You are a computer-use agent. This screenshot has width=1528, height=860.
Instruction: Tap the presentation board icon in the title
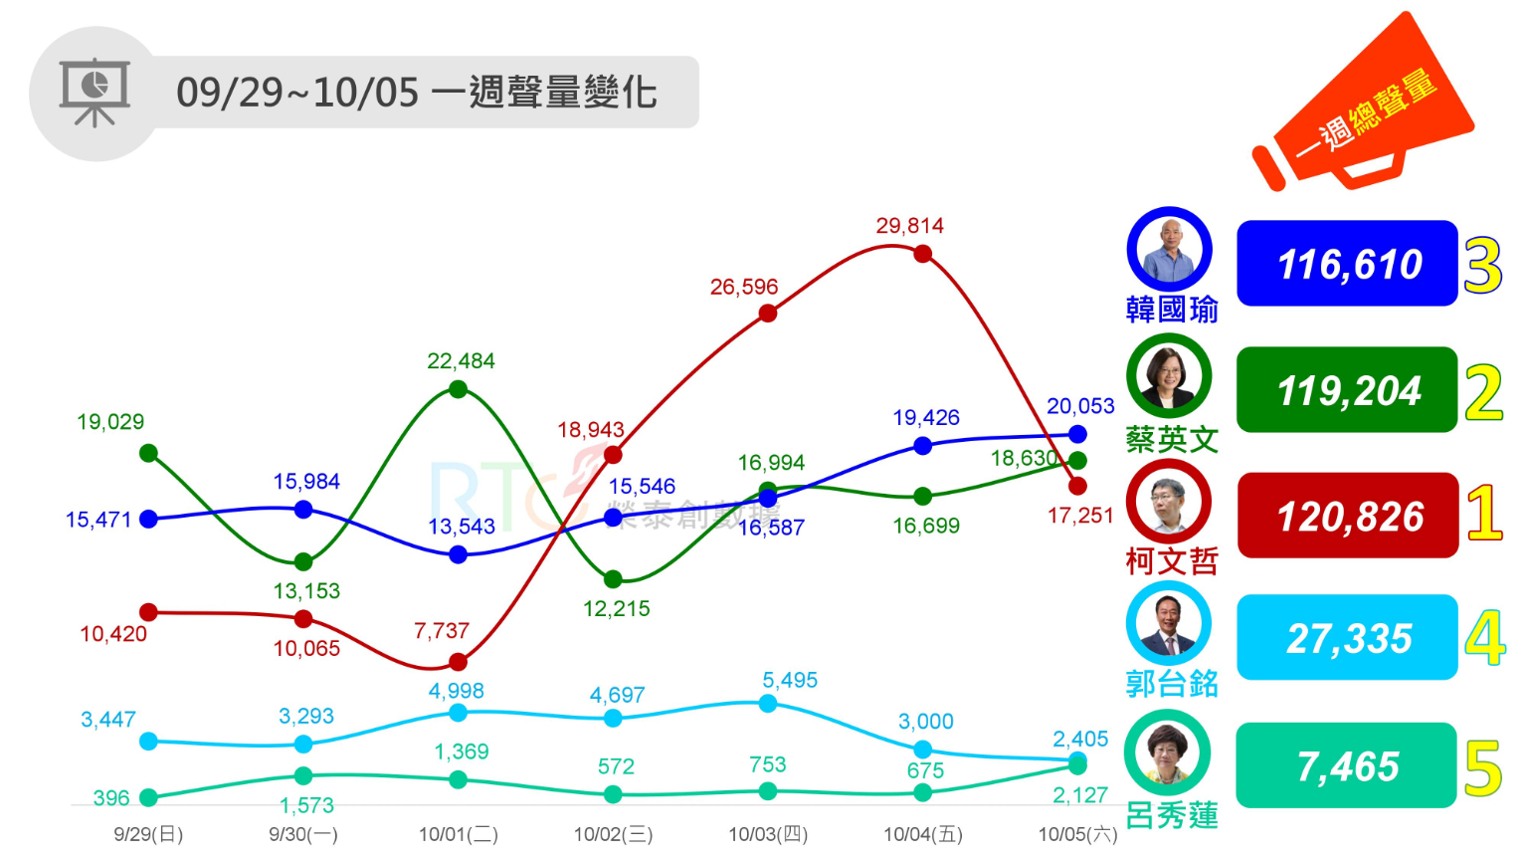tap(95, 93)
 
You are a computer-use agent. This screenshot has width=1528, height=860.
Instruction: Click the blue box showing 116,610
tap(1348, 264)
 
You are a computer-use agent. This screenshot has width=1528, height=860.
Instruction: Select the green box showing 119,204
tap(1348, 390)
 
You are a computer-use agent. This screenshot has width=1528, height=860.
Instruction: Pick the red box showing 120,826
tap(1348, 516)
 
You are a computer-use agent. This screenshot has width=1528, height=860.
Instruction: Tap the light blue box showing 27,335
tap(1348, 638)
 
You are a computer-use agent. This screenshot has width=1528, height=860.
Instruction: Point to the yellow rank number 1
tap(1483, 514)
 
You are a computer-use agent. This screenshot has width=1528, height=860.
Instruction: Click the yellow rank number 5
tap(1483, 768)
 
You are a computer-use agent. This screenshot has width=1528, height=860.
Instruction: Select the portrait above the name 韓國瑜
tap(1169, 249)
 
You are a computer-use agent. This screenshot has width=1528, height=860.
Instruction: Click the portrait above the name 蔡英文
tap(1169, 375)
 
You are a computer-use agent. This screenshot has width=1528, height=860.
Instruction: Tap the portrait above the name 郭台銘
tap(1169, 624)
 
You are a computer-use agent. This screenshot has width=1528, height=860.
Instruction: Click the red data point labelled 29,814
tap(922, 254)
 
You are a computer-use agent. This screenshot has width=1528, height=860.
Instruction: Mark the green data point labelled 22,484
tap(458, 389)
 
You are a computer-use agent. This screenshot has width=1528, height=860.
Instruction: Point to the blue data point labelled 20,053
tap(1077, 434)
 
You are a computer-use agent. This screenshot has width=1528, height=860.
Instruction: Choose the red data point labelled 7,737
tap(458, 662)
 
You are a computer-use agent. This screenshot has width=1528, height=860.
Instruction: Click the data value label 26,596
tap(744, 287)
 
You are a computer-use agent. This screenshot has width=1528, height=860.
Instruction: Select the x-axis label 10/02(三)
tap(613, 834)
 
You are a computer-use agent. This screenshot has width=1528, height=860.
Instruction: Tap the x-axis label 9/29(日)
tap(148, 834)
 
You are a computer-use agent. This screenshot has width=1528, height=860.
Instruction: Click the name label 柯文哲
tap(1172, 562)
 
